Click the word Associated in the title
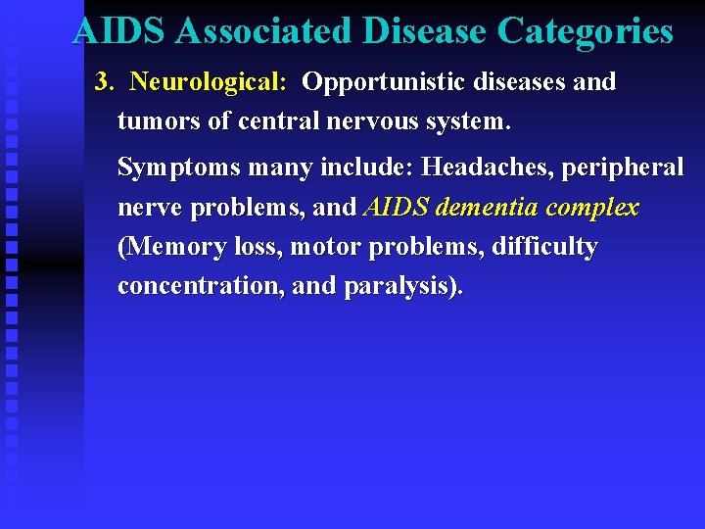263,31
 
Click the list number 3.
103,81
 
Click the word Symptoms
178,168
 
